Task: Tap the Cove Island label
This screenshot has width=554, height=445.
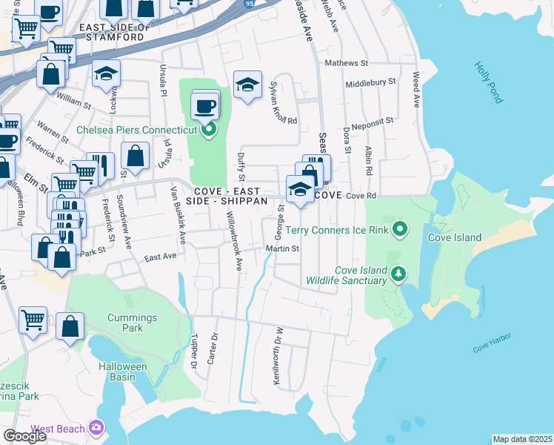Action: click(455, 238)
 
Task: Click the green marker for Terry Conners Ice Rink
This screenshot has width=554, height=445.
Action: click(400, 229)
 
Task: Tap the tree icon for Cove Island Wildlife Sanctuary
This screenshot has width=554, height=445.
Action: click(398, 275)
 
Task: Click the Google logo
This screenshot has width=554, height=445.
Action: click(24, 435)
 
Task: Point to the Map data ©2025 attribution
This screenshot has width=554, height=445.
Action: click(522, 439)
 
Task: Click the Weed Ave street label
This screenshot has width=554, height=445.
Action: click(417, 90)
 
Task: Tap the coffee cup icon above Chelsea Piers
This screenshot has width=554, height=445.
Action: click(204, 106)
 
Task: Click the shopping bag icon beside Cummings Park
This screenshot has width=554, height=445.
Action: click(70, 326)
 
